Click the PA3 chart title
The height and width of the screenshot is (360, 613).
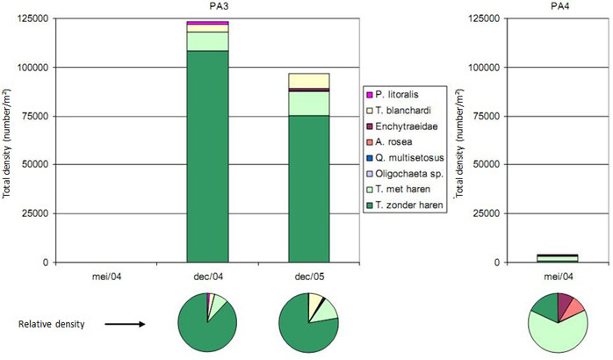207,7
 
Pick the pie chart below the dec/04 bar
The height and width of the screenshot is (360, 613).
207,322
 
